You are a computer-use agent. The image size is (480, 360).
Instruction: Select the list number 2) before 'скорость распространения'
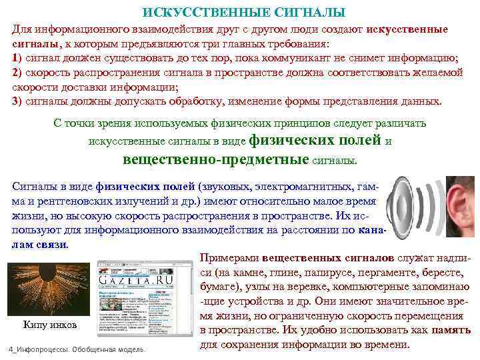click(x=17, y=73)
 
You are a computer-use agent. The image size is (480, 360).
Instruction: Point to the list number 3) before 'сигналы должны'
click(x=17, y=101)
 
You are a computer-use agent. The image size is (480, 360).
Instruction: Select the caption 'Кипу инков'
click(x=50, y=325)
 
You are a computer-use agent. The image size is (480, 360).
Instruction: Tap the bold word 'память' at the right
click(x=451, y=330)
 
